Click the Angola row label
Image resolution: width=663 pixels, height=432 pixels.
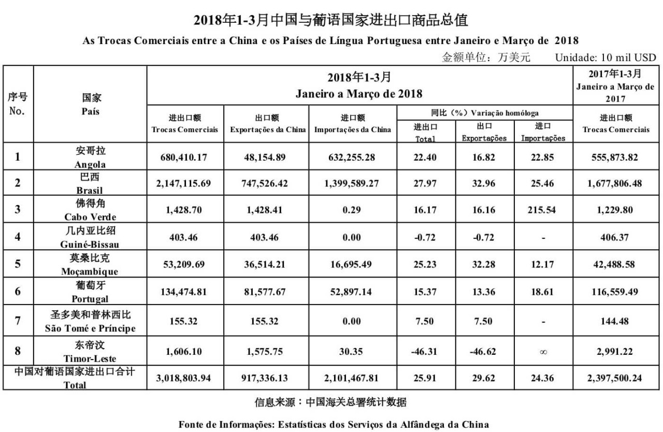90,157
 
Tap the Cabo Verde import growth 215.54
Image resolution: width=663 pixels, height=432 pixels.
543,210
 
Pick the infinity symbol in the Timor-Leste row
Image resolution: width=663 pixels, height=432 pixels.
543,351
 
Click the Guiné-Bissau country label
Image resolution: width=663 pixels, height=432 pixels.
90,237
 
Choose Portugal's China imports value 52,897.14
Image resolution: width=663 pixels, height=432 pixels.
352,292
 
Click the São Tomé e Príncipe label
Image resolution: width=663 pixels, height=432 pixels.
90,322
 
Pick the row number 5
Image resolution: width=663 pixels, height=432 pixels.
18,264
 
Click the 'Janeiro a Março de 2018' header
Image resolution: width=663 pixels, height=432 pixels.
359,94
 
